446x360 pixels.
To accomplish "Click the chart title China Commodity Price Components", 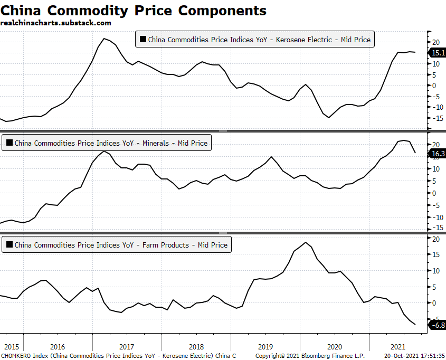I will point(134,11).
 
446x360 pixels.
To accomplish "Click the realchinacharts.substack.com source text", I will point(56,23).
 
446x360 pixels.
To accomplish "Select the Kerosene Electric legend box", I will point(254,39).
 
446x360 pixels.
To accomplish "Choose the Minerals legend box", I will point(106,143).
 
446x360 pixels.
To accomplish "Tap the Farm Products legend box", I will point(117,244).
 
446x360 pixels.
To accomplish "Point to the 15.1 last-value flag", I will point(438,53).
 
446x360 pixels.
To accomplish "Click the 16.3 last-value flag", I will point(438,154).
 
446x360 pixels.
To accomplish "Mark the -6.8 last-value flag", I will point(438,325).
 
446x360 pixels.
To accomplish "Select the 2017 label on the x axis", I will point(126,347).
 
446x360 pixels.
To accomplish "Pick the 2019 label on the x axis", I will point(265,347).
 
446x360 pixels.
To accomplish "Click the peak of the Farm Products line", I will point(306,242).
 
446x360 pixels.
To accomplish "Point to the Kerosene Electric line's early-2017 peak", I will point(104,39).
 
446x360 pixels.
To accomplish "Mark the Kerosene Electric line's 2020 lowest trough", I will point(329,117).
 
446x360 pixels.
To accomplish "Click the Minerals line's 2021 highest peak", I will point(403,140).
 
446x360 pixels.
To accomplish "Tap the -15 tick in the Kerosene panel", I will point(435,118).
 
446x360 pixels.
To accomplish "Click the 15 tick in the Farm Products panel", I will point(435,254).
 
